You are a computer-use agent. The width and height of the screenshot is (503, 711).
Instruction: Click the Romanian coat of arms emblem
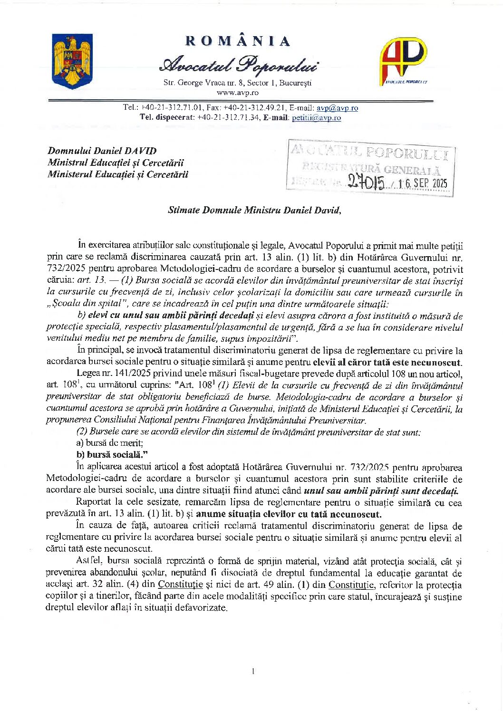tap(72, 61)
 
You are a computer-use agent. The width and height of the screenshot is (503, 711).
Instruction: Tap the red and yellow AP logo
tap(403, 60)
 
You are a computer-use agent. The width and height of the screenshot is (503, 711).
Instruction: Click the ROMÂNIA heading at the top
tap(238, 41)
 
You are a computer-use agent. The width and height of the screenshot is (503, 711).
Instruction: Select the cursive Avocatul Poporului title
tap(239, 65)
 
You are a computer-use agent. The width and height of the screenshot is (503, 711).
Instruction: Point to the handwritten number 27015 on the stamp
tap(366, 182)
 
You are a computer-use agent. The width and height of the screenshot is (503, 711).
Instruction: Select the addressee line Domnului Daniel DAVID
tap(102, 151)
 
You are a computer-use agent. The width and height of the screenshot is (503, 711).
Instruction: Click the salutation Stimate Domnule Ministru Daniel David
tap(254, 210)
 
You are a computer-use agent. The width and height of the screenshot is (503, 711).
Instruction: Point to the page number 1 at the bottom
tap(253, 671)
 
